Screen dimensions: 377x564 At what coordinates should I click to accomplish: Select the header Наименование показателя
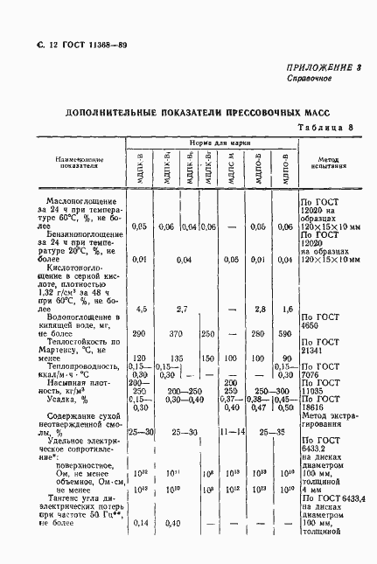79,164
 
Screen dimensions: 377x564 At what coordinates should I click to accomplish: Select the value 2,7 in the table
185,310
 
